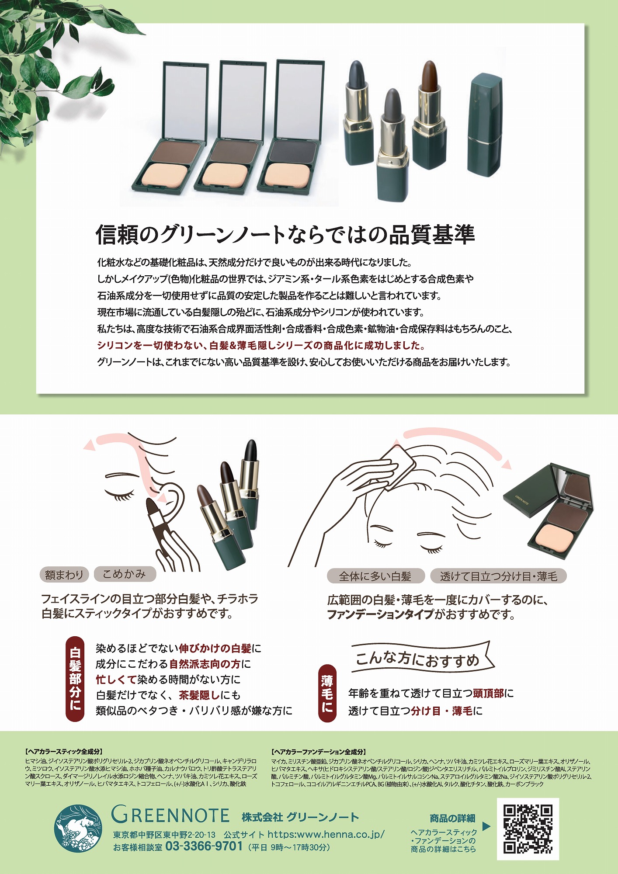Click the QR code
pos(528,829)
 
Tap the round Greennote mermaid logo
pos(78,829)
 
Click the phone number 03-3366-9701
pos(204,846)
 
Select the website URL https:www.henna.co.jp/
pos(326,834)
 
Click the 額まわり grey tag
pos(64,575)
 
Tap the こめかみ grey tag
pos(125,574)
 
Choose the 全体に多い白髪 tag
pos(376,576)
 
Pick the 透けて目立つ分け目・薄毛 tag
pos(498,576)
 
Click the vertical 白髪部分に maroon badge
pos(75,678)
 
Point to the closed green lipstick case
pos(484,124)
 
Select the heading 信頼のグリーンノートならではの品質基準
pos(285,234)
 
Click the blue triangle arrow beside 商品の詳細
pos(486,826)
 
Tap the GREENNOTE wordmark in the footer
pos(170,815)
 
